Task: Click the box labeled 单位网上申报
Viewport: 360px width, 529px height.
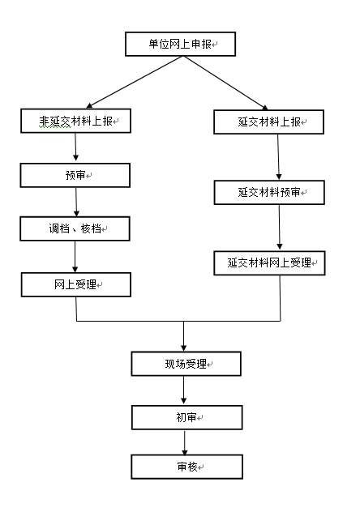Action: point(180,44)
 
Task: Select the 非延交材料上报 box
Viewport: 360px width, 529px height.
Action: point(75,121)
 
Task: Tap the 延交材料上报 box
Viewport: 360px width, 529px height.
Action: point(269,122)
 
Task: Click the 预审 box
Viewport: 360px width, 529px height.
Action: point(75,176)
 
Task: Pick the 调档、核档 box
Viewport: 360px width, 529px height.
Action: point(75,228)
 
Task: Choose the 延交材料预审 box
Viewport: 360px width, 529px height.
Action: point(269,192)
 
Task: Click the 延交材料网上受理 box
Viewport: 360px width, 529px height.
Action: point(269,262)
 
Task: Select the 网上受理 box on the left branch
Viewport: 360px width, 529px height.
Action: point(76,284)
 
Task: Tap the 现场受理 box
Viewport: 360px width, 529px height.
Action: point(186,364)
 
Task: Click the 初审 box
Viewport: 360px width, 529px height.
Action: point(187,417)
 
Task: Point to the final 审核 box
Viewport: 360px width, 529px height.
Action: point(187,467)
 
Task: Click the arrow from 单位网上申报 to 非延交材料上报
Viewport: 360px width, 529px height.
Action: point(135,82)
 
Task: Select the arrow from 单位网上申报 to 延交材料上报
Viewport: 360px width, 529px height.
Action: point(225,83)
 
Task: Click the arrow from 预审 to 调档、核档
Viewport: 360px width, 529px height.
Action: point(76,202)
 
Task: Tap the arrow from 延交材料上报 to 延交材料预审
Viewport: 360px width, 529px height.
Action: point(279,157)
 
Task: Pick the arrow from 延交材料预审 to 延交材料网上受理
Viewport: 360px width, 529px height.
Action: point(279,228)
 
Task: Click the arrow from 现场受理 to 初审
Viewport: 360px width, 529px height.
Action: point(184,390)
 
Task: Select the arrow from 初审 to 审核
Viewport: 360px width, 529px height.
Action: point(184,443)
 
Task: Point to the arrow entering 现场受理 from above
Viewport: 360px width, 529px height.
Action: point(184,336)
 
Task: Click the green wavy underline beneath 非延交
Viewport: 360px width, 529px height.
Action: point(55,127)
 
